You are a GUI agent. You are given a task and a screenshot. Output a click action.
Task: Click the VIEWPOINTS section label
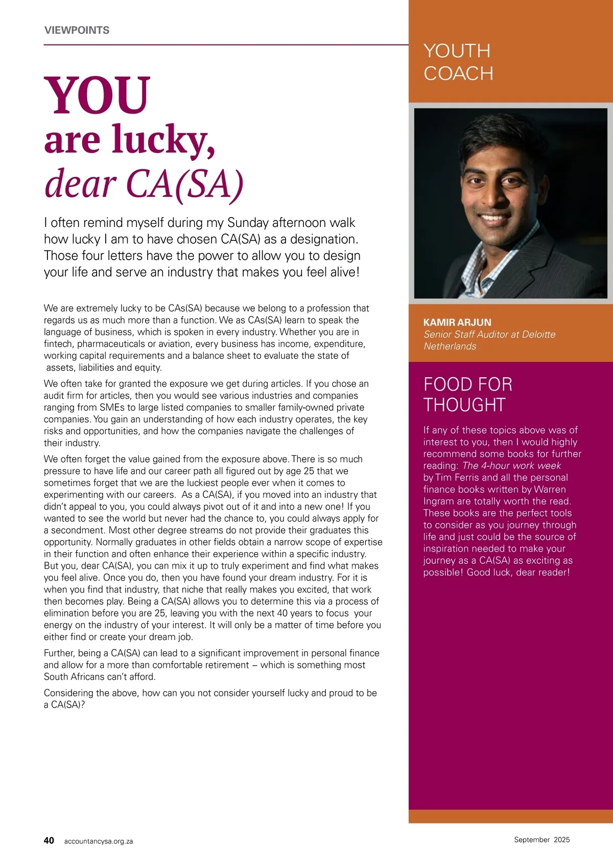point(77,30)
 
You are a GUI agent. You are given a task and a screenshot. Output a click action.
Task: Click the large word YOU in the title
point(97,95)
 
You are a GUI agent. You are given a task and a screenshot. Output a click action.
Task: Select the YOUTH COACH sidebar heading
point(458,62)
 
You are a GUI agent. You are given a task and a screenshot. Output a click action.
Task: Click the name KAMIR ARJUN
point(457,323)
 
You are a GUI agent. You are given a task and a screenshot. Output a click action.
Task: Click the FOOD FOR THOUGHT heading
point(467,394)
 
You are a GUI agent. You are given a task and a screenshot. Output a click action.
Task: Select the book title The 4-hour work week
point(511,466)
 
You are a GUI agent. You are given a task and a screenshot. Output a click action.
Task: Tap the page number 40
point(49,840)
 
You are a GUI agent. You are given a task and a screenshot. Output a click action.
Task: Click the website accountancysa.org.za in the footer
point(98,841)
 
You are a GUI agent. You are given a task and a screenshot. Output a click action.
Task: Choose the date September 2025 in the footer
point(541,839)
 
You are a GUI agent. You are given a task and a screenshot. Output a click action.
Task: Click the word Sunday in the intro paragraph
point(248,223)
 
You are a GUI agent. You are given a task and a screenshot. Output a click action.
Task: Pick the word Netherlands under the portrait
point(450,346)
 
